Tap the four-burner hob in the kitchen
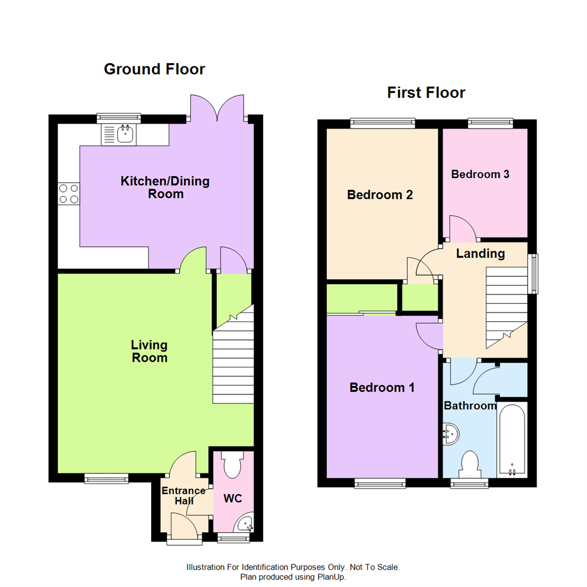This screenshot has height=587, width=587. pyautogui.click(x=68, y=193)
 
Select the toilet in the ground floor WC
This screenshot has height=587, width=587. pyautogui.click(x=233, y=465)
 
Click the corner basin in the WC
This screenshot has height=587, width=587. pyautogui.click(x=245, y=524)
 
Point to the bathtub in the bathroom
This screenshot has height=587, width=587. pyautogui.click(x=512, y=439)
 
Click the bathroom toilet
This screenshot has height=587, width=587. pyautogui.click(x=469, y=465)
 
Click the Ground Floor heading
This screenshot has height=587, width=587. pyautogui.click(x=154, y=69)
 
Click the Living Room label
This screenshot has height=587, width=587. pyautogui.click(x=149, y=351)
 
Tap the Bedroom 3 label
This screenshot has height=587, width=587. pyautogui.click(x=480, y=174)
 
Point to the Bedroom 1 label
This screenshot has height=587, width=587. pyautogui.click(x=382, y=388)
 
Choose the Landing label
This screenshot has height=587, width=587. pyautogui.click(x=480, y=253)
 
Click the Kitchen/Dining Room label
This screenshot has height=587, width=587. pyautogui.click(x=165, y=187)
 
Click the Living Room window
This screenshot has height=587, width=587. pyautogui.click(x=106, y=478)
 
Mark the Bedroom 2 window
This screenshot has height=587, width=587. pyautogui.click(x=382, y=123)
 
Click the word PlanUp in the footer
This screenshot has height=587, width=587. pyautogui.click(x=331, y=577)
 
